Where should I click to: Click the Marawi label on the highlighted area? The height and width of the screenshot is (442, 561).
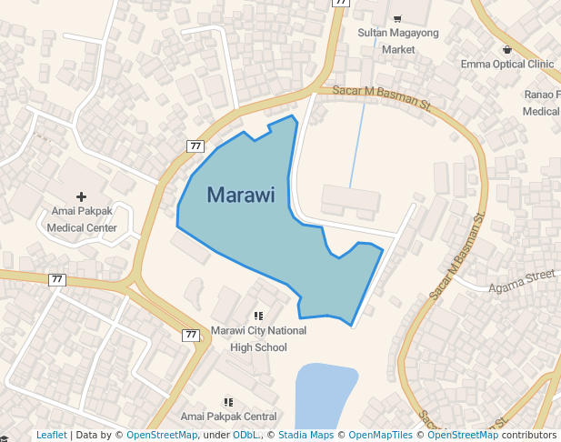[x=241, y=196]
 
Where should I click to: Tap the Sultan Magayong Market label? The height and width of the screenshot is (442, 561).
[x=397, y=41]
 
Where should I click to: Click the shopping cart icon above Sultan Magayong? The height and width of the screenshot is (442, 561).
[x=397, y=18]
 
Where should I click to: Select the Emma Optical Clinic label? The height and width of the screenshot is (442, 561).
[x=507, y=65]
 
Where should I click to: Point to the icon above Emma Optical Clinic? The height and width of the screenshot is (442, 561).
[x=507, y=48]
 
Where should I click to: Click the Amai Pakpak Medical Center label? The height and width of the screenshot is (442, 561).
[x=82, y=221]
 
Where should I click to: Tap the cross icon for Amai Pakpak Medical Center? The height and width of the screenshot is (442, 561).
[x=82, y=196]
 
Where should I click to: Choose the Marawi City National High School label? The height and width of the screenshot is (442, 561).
[x=258, y=338]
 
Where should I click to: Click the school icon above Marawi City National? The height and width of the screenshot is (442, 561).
[x=258, y=316]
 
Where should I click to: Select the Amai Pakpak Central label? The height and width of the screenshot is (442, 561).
[x=228, y=417]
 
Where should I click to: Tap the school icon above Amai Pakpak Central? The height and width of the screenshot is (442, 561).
[x=228, y=401]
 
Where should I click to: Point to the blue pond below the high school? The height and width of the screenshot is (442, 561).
[x=323, y=396]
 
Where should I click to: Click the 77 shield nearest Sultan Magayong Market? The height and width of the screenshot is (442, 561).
[x=341, y=3]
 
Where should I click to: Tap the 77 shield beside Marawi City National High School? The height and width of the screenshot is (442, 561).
[x=191, y=335]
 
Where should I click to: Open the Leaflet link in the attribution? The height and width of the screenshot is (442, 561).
[x=52, y=436]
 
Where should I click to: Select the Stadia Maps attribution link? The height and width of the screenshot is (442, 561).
[x=306, y=436]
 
